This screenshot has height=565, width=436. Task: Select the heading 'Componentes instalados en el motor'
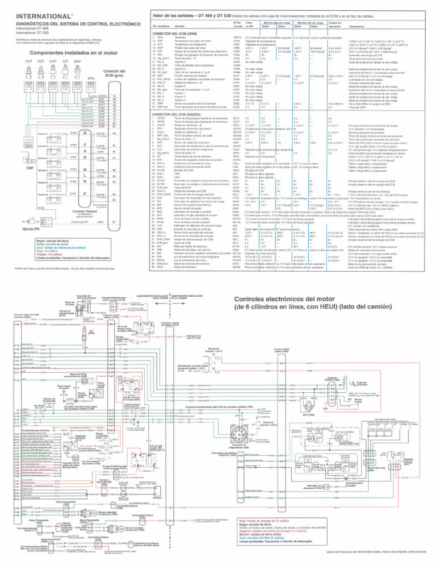62,51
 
